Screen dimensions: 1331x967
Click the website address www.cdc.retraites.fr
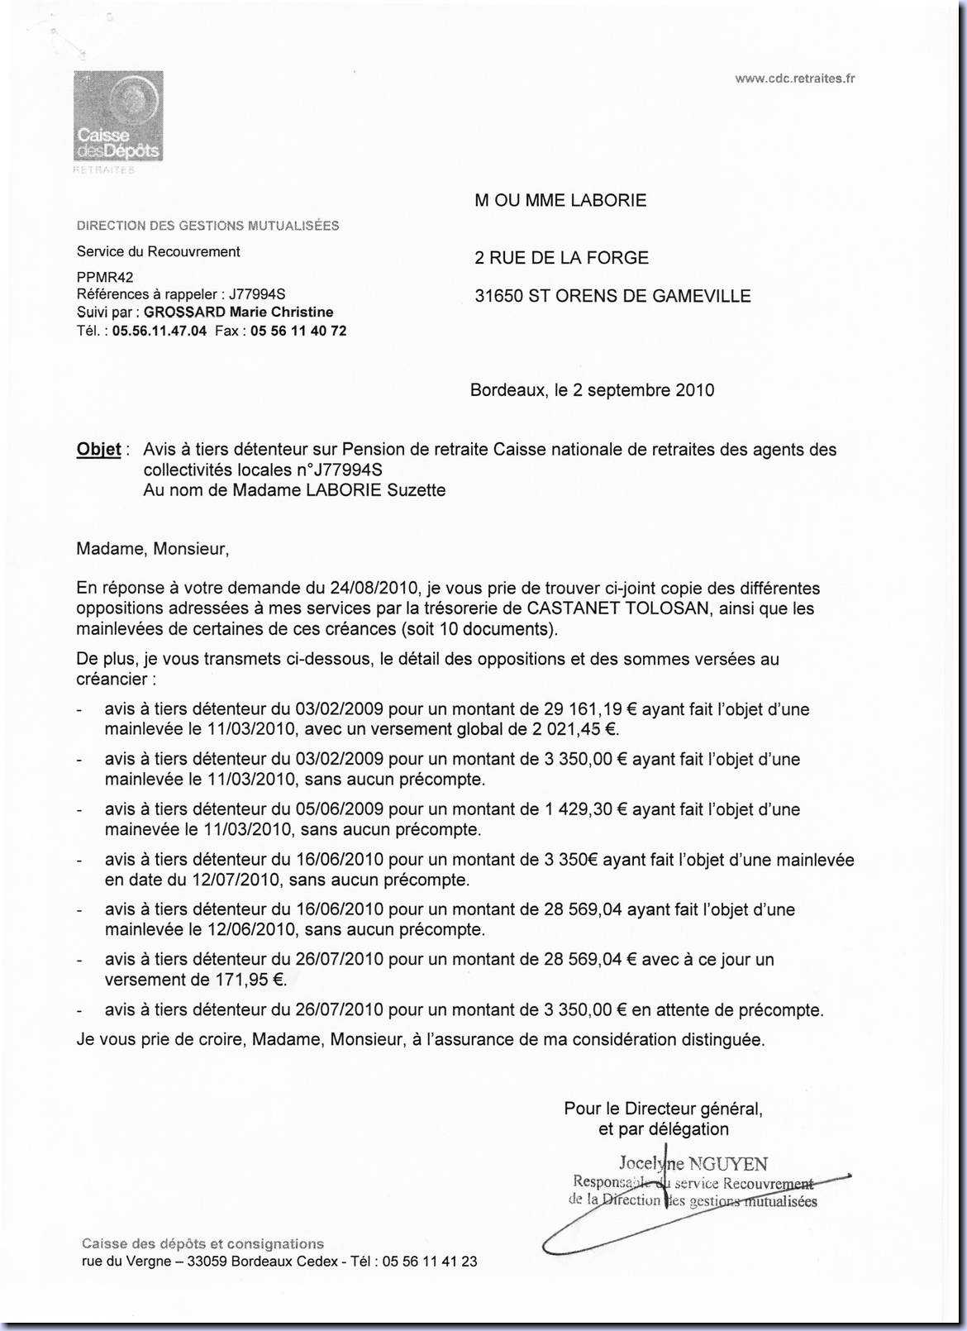pyautogui.click(x=794, y=79)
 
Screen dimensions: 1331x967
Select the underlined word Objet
pyautogui.click(x=98, y=450)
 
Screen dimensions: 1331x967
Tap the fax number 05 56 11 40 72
pyautogui.click(x=298, y=331)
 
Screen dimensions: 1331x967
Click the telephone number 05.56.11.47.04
pyautogui.click(x=160, y=331)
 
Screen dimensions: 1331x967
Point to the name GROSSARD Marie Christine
pyautogui.click(x=239, y=312)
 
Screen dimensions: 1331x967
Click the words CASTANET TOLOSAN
pyautogui.click(x=618, y=608)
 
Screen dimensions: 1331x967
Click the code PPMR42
pyautogui.click(x=105, y=277)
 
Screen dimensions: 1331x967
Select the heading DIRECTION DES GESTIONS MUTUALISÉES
pyautogui.click(x=208, y=226)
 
